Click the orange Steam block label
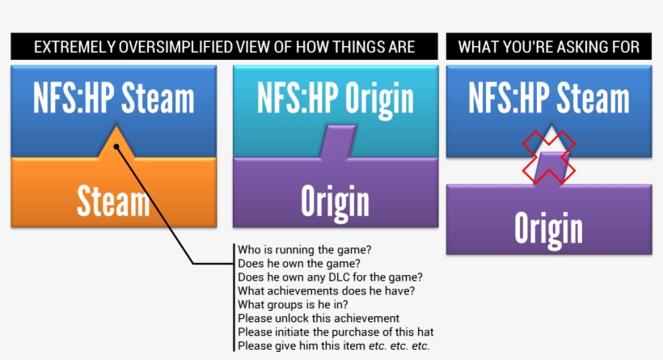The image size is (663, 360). click(113, 201)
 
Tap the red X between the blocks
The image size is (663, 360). click(548, 156)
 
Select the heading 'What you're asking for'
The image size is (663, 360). click(549, 47)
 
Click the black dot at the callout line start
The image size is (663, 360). click(117, 147)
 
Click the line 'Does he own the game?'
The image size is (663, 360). click(299, 263)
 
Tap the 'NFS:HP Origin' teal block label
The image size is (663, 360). click(335, 98)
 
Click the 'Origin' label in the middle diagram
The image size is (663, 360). click(335, 201)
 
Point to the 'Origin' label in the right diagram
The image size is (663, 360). click(548, 228)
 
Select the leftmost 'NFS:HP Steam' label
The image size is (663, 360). click(114, 98)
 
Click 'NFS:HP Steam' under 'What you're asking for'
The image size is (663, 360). click(548, 98)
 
